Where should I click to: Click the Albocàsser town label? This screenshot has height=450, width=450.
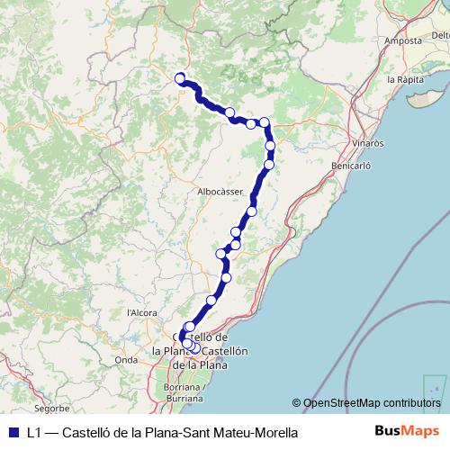click(220, 193)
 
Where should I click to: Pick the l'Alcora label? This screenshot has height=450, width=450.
click(142, 312)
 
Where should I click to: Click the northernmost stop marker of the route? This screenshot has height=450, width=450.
click(180, 77)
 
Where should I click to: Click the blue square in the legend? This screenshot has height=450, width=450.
click(13, 431)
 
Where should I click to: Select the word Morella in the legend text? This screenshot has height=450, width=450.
click(273, 432)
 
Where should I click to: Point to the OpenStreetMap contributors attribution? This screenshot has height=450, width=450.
click(372, 403)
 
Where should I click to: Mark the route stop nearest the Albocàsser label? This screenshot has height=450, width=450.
click(251, 211)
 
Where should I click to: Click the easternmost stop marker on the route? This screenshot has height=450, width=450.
click(270, 146)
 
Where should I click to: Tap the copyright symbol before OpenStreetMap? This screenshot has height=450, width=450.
click(296, 403)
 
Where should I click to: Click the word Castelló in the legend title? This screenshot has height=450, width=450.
click(88, 432)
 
